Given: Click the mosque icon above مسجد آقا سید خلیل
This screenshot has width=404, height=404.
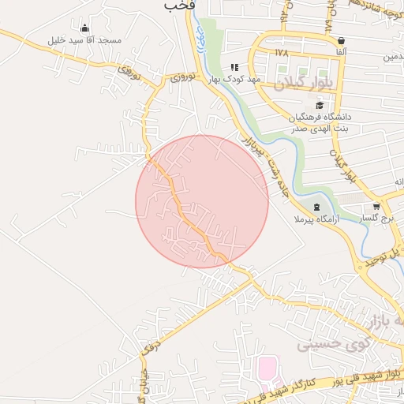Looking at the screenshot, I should (84, 28).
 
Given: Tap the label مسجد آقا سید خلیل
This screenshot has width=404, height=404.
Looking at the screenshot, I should (84, 40).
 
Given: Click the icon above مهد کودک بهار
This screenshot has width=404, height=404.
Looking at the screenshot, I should (234, 67).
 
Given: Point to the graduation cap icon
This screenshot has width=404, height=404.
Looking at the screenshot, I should (319, 105).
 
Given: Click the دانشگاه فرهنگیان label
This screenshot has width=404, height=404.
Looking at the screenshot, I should (320, 117).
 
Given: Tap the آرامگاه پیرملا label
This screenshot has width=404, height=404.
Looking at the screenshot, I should (316, 219).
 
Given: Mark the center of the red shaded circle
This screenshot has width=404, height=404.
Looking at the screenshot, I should (202, 201).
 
